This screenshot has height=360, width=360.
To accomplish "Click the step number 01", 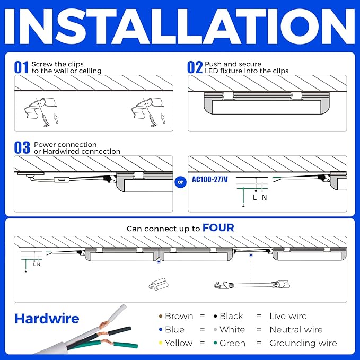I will pos(21,67).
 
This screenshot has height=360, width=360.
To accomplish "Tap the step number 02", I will pos(195,67).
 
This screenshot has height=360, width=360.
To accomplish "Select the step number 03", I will pos(22,148).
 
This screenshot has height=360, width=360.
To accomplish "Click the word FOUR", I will pos(218,228).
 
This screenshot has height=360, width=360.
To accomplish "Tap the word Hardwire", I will pos(47,319).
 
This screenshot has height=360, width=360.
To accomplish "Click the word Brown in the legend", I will pos(179,316).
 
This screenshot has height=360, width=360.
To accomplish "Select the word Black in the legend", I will pos(231,316).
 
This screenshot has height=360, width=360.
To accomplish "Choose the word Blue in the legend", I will pos(174,329).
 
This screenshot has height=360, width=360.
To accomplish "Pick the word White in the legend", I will pos(232,329).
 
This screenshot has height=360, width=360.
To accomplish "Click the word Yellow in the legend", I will pos(179,343).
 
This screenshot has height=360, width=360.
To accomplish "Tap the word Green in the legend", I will pos(232,343).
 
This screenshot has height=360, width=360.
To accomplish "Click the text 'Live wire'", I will pos(288,316).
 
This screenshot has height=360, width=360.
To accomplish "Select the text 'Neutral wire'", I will pos(296,329).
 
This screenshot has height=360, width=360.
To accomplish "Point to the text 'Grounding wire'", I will pos(303,343).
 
